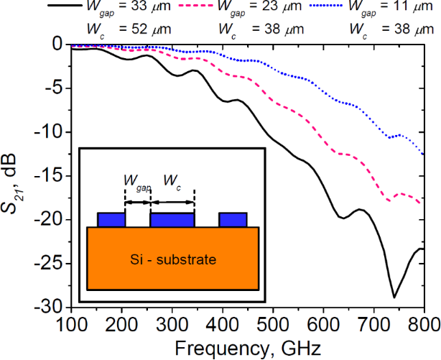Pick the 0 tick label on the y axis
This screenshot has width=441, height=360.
pos(60,45)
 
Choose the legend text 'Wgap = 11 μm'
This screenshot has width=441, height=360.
pos(394,8)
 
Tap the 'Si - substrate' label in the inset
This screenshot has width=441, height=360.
pos(172,259)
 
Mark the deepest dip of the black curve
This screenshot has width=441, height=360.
pos(394,296)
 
